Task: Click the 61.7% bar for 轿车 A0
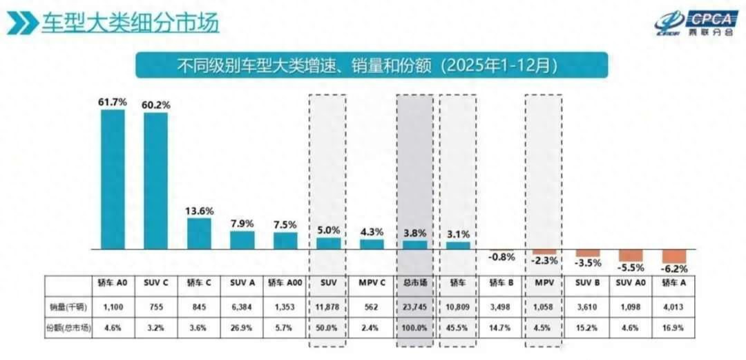pos(113,179)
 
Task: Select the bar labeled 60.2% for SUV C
pos(156,180)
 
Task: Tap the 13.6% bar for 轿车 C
pos(199,234)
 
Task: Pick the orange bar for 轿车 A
pos(674,256)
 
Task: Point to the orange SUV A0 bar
pos(631,255)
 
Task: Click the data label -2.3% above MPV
pos(544,262)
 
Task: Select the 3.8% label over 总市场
pos(415,232)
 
